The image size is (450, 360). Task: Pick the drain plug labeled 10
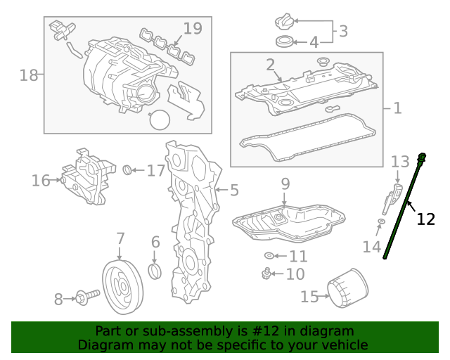tap(266, 273)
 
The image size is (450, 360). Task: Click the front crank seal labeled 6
tap(157, 271)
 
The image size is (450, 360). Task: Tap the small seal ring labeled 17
tap(127, 169)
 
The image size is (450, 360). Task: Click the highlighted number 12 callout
tap(425, 219)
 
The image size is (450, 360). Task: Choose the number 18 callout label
tap(28, 75)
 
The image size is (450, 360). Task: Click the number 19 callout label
tap(192, 29)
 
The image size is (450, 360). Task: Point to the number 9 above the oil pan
tap(285, 184)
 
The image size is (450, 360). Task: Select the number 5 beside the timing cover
tap(234, 190)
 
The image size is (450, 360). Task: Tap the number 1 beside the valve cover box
tap(397, 108)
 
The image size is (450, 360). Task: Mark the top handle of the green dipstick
tap(423, 156)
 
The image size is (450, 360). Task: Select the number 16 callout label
tap(41, 181)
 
